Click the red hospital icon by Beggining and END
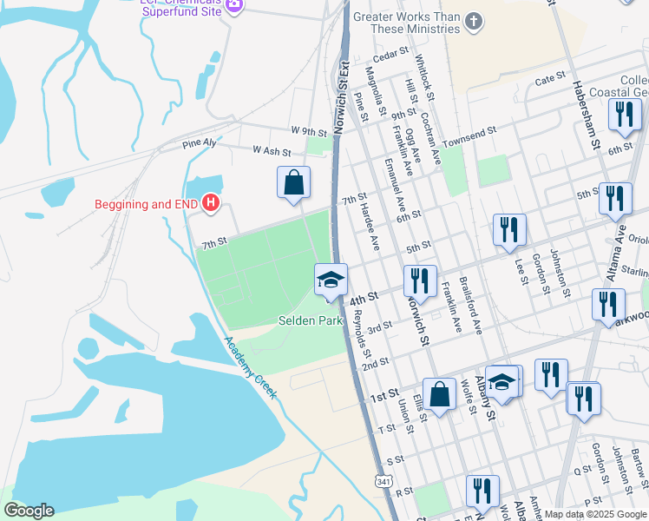pyautogui.click(x=210, y=205)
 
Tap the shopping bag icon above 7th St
pyautogui.click(x=294, y=183)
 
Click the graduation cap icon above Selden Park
pyautogui.click(x=330, y=280)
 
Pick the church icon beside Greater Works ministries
pyautogui.click(x=473, y=22)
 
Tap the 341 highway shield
pyautogui.click(x=385, y=480)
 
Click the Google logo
pyautogui.click(x=29, y=510)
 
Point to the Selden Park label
pyautogui.click(x=311, y=320)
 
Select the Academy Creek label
pyautogui.click(x=250, y=367)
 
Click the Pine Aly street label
pyautogui.click(x=199, y=143)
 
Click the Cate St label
pyautogui.click(x=550, y=79)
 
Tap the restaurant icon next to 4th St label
pyautogui.click(x=418, y=281)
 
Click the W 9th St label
pyautogui.click(x=308, y=131)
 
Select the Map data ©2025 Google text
pyautogui.click(x=594, y=514)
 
